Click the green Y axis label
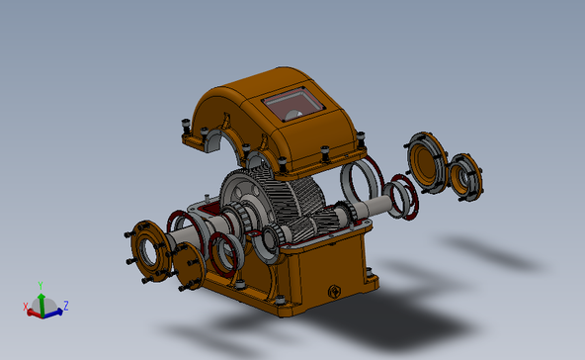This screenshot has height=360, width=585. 41,284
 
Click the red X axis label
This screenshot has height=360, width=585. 25,306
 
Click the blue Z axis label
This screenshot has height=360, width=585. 65,305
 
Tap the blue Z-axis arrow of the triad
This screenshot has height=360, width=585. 54,312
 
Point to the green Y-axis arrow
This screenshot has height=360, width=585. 41,300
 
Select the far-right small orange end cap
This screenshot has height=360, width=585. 464,178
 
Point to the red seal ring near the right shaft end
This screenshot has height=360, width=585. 402,196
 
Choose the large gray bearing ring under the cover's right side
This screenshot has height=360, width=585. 355,183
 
